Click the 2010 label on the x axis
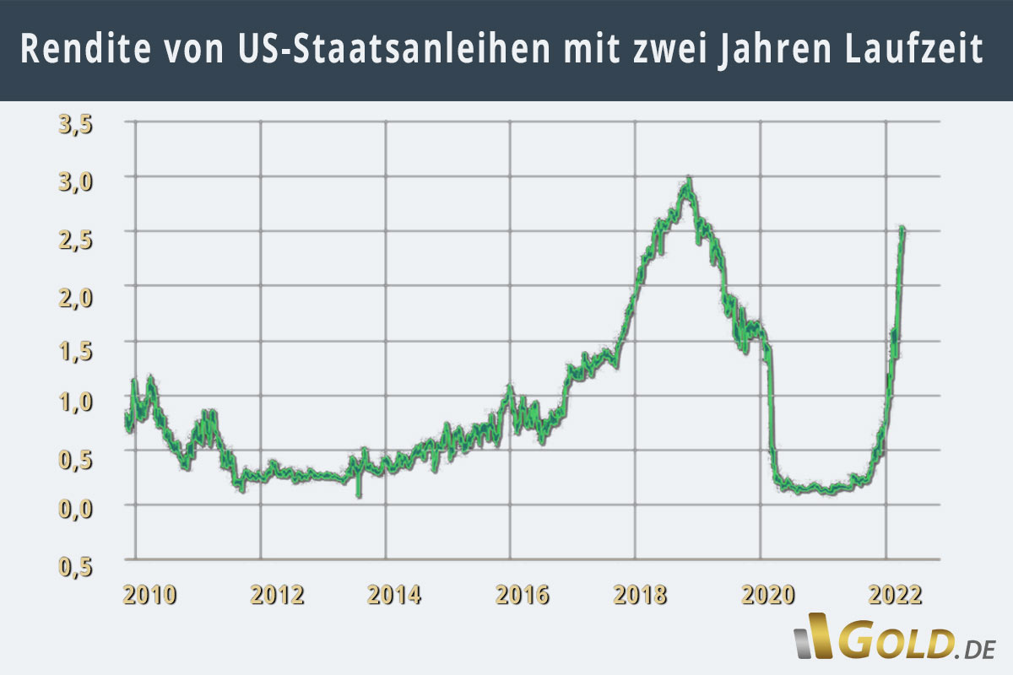149,596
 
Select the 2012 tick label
277,596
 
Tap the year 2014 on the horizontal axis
394,596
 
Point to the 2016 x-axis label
522,596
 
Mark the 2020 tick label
769,596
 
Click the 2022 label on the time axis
895,596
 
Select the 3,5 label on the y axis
75,126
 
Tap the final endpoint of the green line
902,229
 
